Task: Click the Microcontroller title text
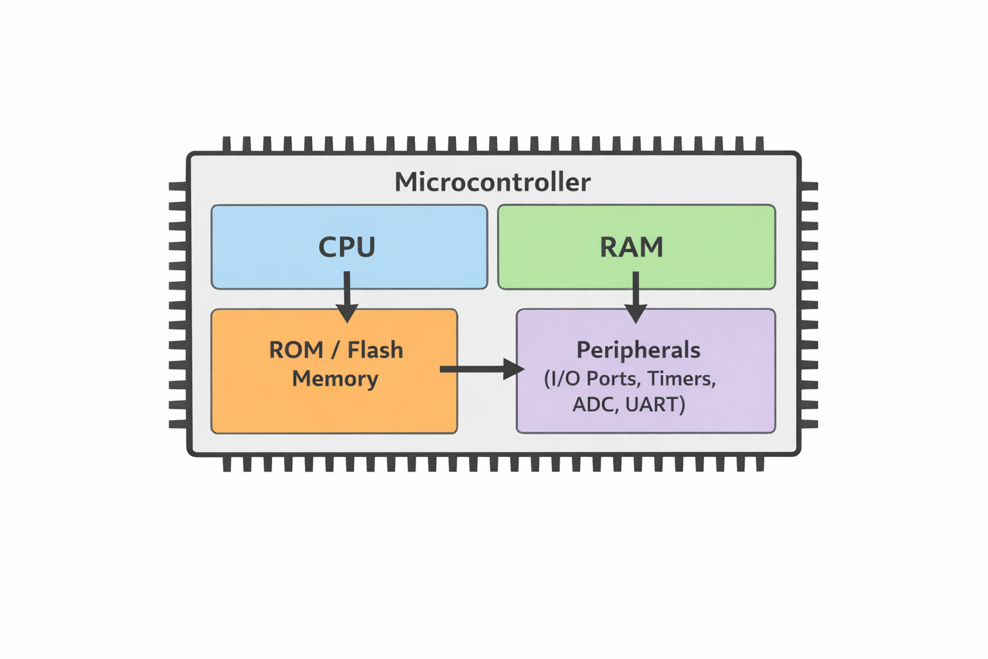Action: pyautogui.click(x=492, y=182)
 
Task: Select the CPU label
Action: pyautogui.click(x=347, y=247)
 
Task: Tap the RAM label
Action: pyautogui.click(x=631, y=247)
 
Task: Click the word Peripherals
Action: pyautogui.click(x=638, y=350)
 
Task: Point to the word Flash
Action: pyautogui.click(x=375, y=350)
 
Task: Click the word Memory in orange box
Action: pyautogui.click(x=335, y=378)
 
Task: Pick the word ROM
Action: pyautogui.click(x=296, y=350)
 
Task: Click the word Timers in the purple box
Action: pyautogui.click(x=681, y=378)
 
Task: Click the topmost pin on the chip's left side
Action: pyautogui.click(x=178, y=186)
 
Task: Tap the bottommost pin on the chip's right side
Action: pyautogui.click(x=809, y=424)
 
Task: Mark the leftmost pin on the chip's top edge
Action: pyautogui.click(x=226, y=144)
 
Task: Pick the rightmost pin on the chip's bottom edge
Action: pyautogui.click(x=760, y=463)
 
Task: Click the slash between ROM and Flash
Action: pyautogui.click(x=335, y=351)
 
